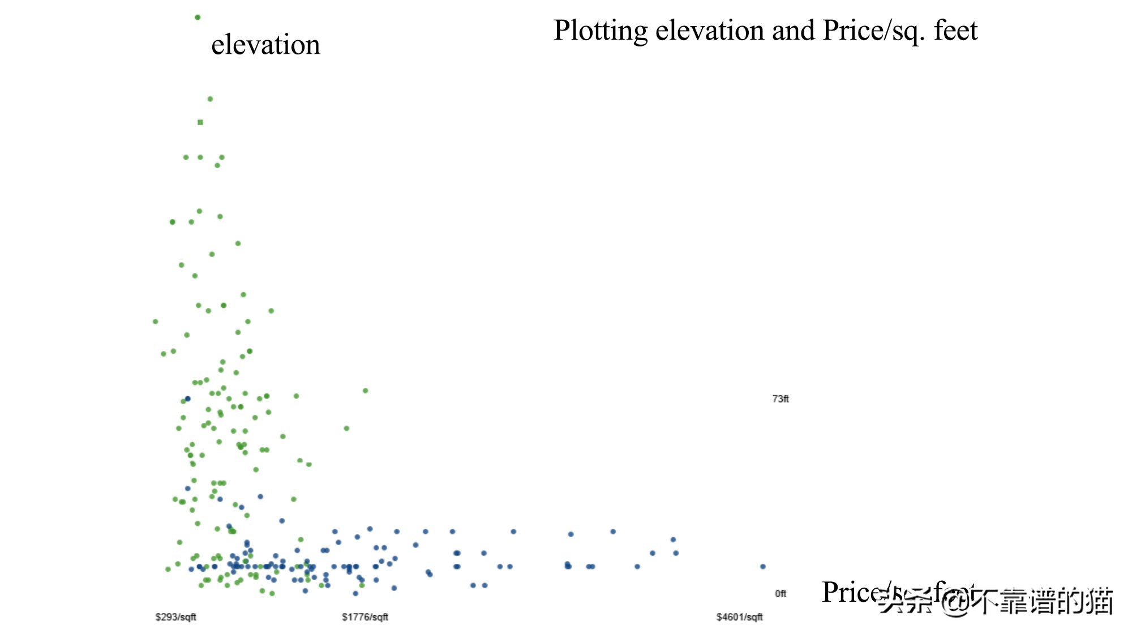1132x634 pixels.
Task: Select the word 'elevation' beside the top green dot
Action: [x=265, y=45]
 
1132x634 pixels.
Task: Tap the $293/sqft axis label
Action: [x=175, y=617]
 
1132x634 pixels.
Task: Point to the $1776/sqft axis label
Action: [x=365, y=617]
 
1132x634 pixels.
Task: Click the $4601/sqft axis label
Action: [x=739, y=617]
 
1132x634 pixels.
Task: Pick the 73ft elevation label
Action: [x=781, y=399]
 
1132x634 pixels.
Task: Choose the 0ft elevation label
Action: [x=781, y=594]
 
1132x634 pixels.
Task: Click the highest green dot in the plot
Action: [x=198, y=18]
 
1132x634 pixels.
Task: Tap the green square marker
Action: [x=200, y=122]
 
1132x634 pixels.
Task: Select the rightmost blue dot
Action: [x=763, y=567]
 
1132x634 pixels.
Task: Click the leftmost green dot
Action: [x=156, y=322]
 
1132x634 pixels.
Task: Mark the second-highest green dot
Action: [x=210, y=99]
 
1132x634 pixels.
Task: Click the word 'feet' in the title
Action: [x=955, y=31]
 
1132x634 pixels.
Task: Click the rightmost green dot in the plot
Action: [x=366, y=391]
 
